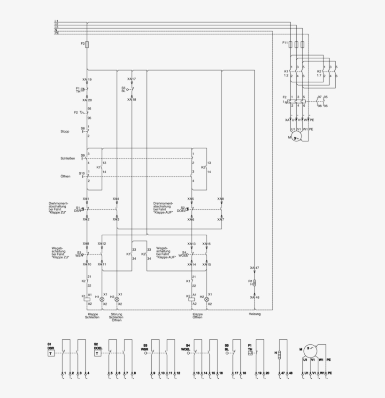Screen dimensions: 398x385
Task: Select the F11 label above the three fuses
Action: pos(285,43)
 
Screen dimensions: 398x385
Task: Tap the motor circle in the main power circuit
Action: pos(296,137)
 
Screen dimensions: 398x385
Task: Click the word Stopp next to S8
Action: pos(65,131)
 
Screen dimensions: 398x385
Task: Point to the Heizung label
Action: pos(254,314)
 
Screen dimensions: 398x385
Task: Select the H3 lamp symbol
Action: pos(117,298)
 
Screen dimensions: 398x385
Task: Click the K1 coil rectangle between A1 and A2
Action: pos(87,298)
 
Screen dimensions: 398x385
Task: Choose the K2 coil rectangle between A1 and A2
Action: pos(192,298)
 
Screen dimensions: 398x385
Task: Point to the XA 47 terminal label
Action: pos(254,267)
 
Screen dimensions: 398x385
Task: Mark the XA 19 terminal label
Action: pos(87,80)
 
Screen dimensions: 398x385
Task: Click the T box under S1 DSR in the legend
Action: pos(51,352)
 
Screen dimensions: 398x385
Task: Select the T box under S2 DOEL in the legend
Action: pos(97,352)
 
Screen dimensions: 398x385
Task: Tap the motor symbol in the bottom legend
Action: pos(309,349)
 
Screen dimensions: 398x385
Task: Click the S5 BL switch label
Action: pos(123,89)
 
